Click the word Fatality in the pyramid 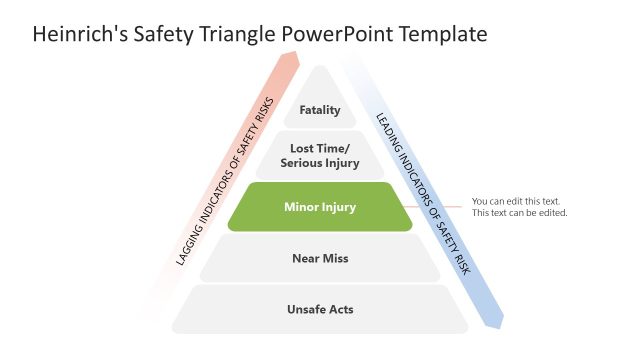[320, 110]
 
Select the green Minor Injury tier [320, 207]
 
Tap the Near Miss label [320, 259]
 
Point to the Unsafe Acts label [320, 309]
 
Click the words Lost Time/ [320, 148]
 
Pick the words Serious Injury [320, 163]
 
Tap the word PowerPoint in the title [337, 35]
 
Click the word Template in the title [444, 35]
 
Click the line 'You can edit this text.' [516, 200]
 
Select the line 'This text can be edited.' [520, 213]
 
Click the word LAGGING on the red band [191, 244]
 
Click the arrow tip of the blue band [498, 322]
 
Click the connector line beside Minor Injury [441, 207]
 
